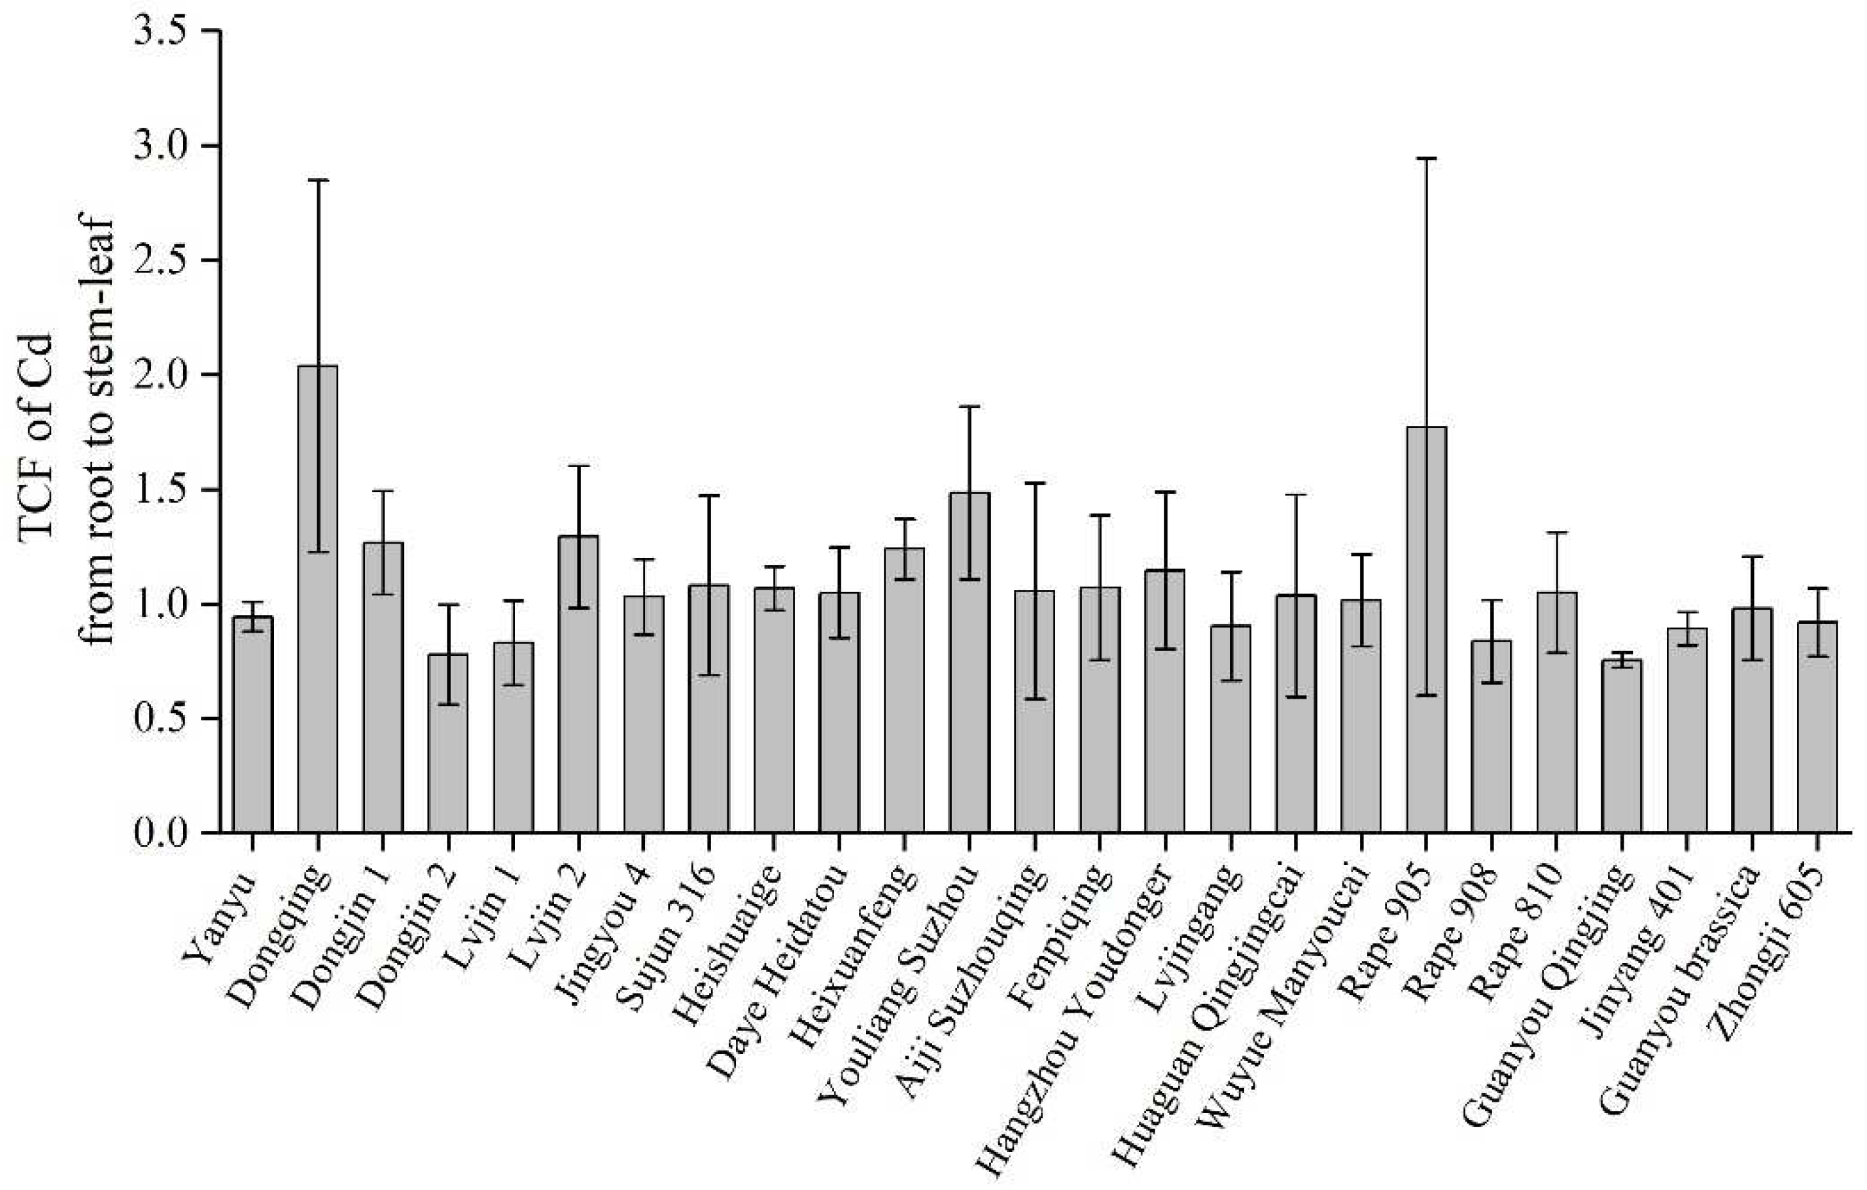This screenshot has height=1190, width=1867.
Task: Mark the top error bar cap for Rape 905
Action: (1427, 158)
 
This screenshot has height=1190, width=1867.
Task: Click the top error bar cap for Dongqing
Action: (317, 180)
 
